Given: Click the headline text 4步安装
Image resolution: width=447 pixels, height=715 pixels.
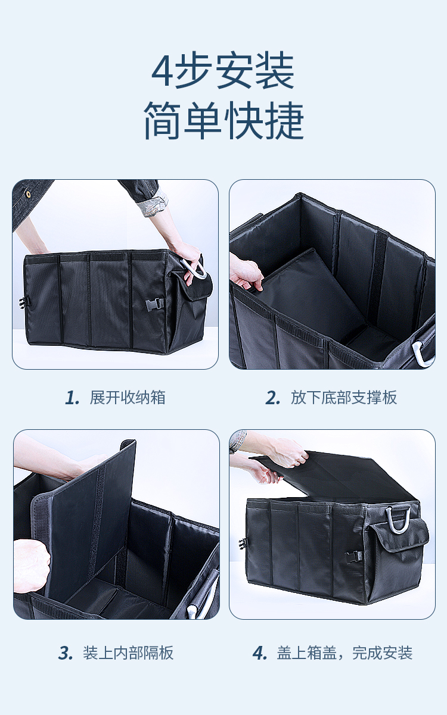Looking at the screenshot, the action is (x=223, y=70).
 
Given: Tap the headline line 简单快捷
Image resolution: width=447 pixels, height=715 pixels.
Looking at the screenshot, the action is (x=223, y=121).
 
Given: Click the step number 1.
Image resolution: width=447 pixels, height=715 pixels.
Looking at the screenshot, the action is (x=72, y=398).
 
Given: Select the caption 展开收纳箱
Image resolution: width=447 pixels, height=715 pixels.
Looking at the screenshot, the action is (x=128, y=398).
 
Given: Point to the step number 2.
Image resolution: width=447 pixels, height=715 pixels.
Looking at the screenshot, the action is (x=272, y=398).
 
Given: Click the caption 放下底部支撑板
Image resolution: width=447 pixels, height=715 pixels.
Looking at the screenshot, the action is (x=344, y=398).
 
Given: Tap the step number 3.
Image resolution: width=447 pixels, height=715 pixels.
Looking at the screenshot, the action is (x=66, y=652).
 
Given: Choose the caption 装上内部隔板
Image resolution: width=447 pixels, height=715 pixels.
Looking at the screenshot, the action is (x=128, y=652).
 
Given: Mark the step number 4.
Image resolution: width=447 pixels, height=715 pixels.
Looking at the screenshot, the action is (x=259, y=652).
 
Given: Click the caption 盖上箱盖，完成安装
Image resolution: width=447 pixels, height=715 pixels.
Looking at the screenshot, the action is (x=344, y=652).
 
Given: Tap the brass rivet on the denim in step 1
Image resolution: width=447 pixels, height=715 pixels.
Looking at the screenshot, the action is (x=29, y=194).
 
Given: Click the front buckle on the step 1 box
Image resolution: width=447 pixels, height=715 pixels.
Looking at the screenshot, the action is (x=155, y=304).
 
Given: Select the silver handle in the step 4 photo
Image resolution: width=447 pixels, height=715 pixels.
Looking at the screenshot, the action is (x=398, y=520).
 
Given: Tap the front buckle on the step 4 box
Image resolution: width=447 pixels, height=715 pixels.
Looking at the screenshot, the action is (x=354, y=557).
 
